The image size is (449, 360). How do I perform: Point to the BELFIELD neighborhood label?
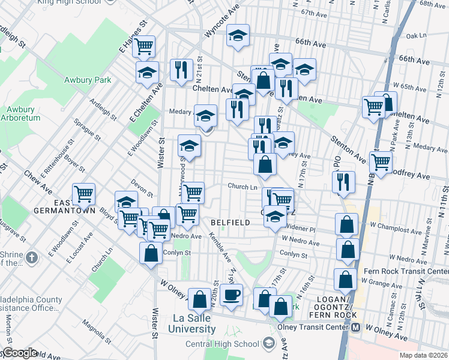231,223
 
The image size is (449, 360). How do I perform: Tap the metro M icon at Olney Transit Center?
355,328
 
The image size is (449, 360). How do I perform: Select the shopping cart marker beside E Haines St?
144,46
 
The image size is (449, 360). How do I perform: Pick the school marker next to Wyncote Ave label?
238,36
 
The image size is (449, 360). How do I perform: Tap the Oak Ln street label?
415,35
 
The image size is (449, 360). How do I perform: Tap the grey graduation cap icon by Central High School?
268,343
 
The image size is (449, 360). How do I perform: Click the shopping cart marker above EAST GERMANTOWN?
83,194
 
